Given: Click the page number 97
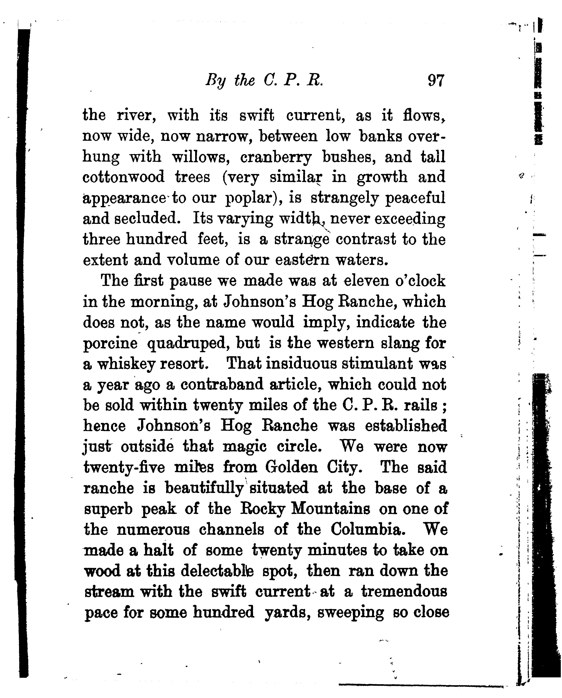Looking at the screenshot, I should pyautogui.click(x=436, y=80).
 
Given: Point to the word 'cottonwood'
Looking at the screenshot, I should pyautogui.click(x=124, y=177).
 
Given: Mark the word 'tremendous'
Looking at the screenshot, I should pyautogui.click(x=404, y=592).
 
